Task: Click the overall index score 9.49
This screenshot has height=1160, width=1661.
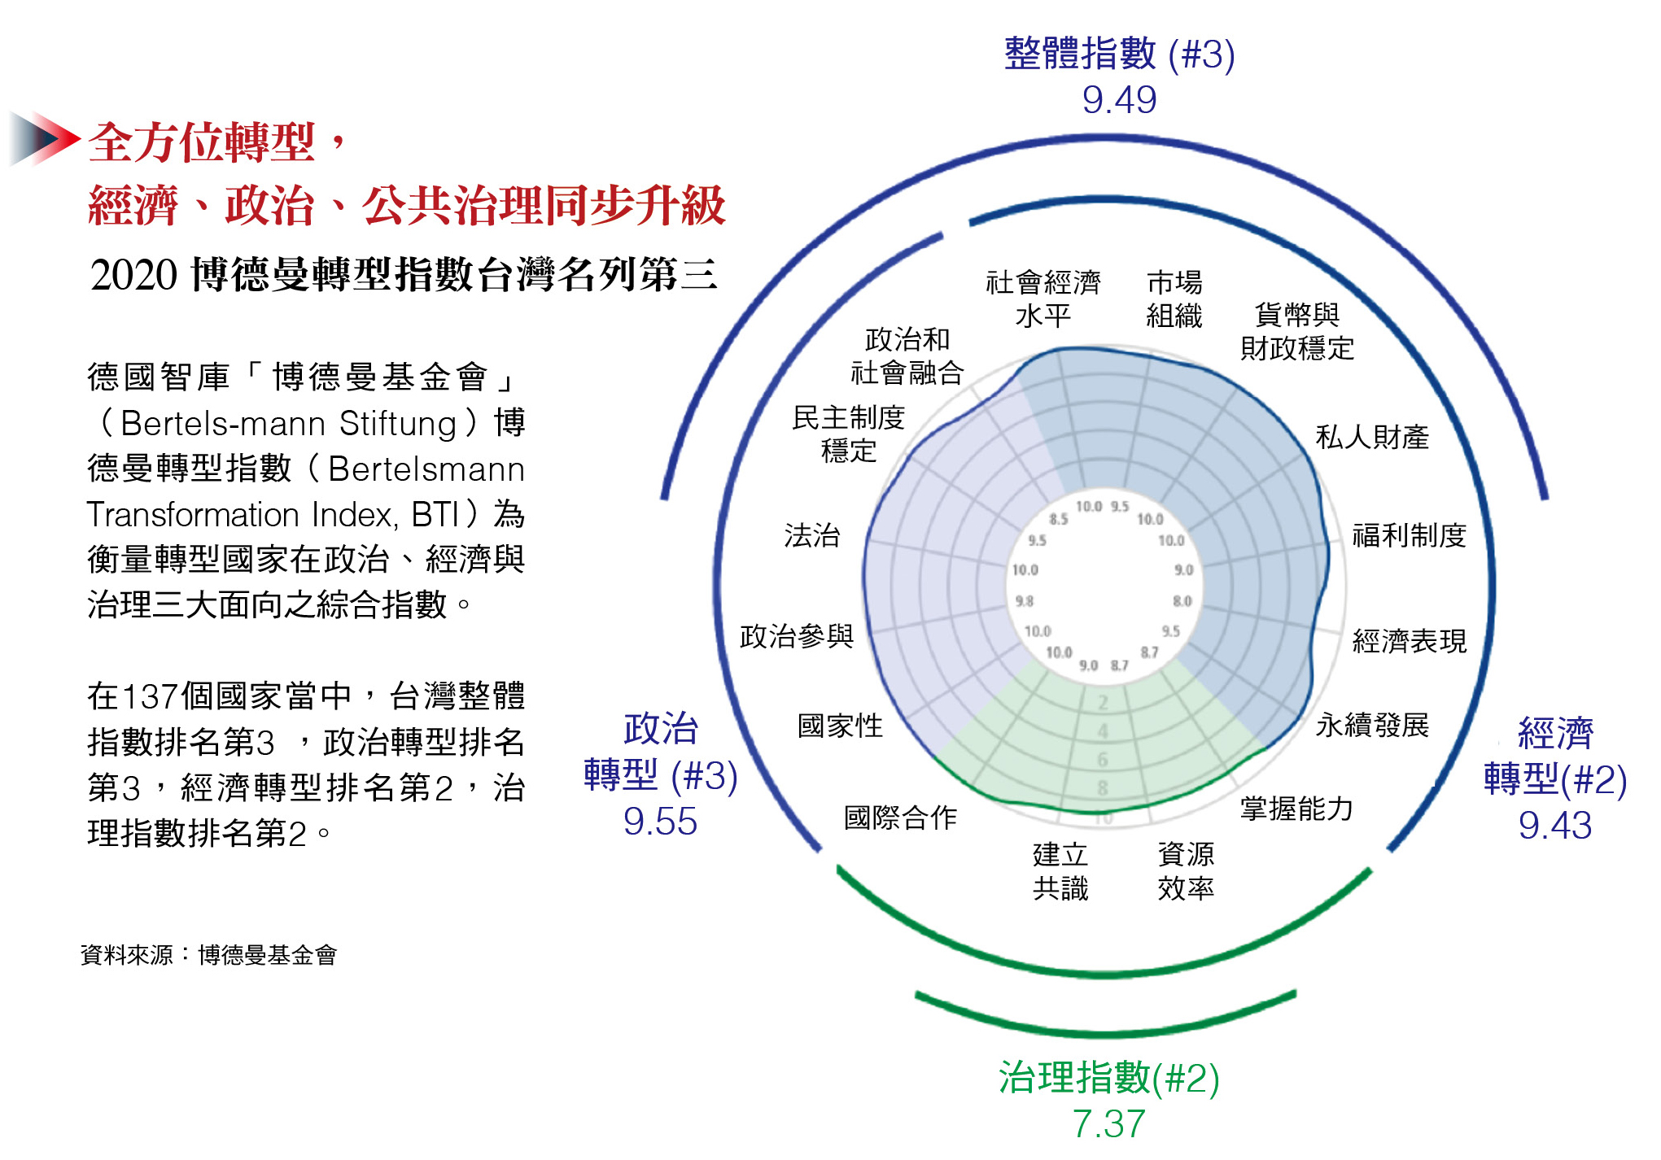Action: coord(1119,100)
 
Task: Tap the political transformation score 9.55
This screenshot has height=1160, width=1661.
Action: coord(660,822)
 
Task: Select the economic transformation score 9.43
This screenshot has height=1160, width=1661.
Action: coord(1554,826)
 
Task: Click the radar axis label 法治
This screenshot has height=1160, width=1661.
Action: coord(811,535)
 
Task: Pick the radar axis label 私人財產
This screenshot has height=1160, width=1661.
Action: coord(1372,438)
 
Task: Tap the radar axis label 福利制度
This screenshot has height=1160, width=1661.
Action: coord(1409,535)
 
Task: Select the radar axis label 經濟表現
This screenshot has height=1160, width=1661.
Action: coord(1409,641)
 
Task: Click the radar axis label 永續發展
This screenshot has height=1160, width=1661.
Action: coord(1372,725)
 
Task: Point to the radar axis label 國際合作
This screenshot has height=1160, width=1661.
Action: coord(900,818)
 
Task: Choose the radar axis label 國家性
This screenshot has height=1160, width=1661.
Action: coord(840,726)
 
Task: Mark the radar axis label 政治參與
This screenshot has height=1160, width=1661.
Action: coord(797,636)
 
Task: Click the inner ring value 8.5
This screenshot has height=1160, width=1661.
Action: coord(1058,518)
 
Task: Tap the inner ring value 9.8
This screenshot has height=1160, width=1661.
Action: coord(1024,601)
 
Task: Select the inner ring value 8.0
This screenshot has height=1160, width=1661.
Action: coord(1182,601)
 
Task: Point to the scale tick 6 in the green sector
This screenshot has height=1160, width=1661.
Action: coord(1103,760)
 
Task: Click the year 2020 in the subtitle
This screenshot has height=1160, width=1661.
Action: coord(133,275)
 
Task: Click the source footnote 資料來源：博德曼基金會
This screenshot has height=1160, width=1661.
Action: coord(208,955)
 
